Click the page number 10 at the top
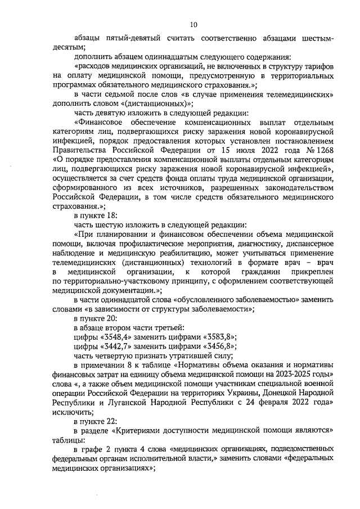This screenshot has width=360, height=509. (193, 25)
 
